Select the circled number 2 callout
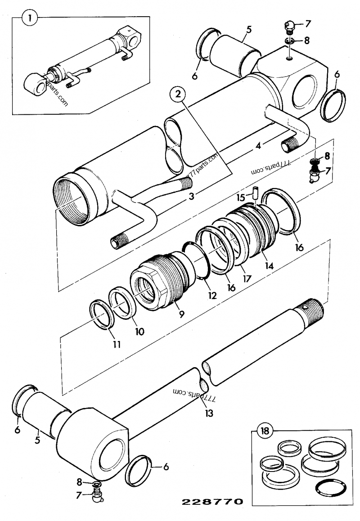(x=179, y=94)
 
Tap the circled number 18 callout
(x=265, y=431)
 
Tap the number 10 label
(x=139, y=332)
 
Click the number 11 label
(x=117, y=345)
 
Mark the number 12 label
(x=212, y=296)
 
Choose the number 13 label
(x=207, y=412)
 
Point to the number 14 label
(x=269, y=266)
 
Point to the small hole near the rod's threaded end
(x=307, y=307)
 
